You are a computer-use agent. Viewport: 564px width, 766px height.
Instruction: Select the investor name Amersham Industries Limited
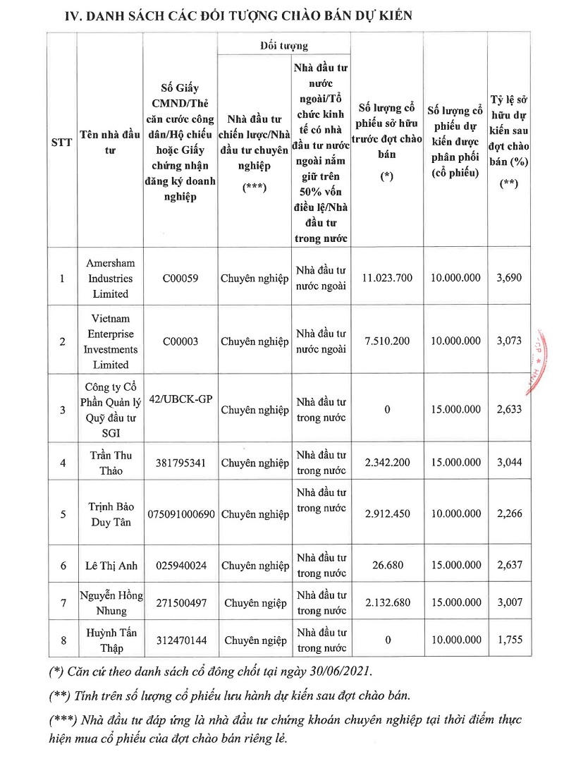point(109,278)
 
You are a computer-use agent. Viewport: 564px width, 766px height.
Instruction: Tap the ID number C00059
point(180,279)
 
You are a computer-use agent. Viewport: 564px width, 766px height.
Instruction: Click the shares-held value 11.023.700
point(386,279)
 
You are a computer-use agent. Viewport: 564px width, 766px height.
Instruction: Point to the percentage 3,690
point(509,279)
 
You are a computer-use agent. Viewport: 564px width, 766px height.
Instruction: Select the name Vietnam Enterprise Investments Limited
point(109,341)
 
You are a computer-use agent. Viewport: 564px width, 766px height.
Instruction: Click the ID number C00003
point(180,341)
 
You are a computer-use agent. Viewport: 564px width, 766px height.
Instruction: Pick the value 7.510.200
point(386,341)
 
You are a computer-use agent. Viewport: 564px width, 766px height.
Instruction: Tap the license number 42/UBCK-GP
point(181,399)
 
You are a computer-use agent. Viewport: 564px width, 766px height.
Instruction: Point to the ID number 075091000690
point(181,514)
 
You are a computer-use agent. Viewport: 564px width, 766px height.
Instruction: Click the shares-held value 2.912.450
point(386,514)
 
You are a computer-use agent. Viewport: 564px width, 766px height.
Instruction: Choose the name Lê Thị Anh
point(109,565)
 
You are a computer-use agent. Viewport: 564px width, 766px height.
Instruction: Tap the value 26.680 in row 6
point(386,565)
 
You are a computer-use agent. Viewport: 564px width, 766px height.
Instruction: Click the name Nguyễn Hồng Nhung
point(109,602)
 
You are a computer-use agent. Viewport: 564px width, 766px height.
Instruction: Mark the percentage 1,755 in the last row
point(509,640)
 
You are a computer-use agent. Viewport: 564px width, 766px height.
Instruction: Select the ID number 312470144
point(180,640)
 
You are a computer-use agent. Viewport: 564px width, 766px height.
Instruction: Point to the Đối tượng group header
point(284,47)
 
